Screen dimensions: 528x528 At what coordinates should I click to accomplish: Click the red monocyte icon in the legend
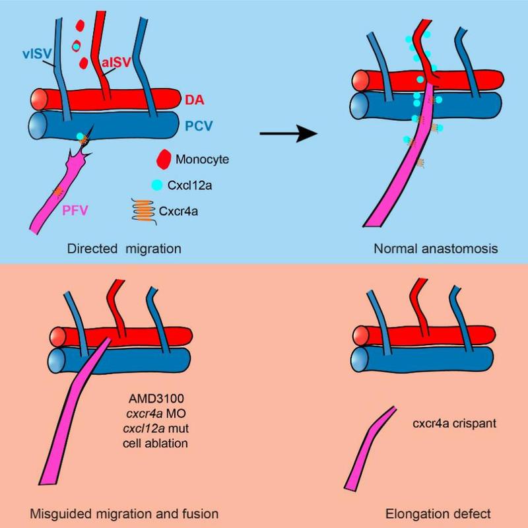162,158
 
